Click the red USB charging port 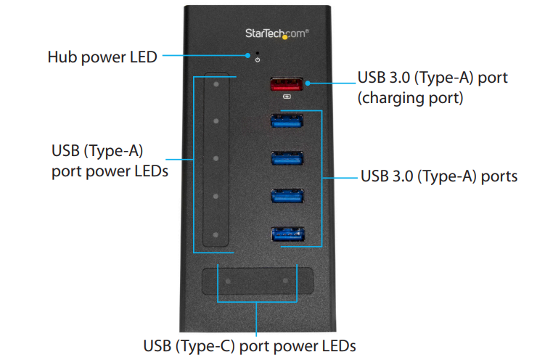[x=287, y=84]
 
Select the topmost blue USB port [x=287, y=121]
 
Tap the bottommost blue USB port [x=288, y=234]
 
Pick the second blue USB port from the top [x=287, y=158]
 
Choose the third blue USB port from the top [x=287, y=196]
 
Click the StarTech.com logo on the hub [x=277, y=33]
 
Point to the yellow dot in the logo [x=285, y=37]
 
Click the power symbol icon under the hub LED [x=257, y=60]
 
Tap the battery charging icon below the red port [x=287, y=97]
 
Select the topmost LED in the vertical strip [x=216, y=84]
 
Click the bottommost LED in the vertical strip [x=216, y=235]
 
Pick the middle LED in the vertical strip [x=216, y=158]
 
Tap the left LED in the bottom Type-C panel [x=228, y=281]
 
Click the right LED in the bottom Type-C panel [x=285, y=280]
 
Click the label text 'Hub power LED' [x=102, y=57]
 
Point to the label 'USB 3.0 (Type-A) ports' [x=439, y=176]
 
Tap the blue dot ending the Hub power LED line [x=247, y=55]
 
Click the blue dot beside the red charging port [x=308, y=83]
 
